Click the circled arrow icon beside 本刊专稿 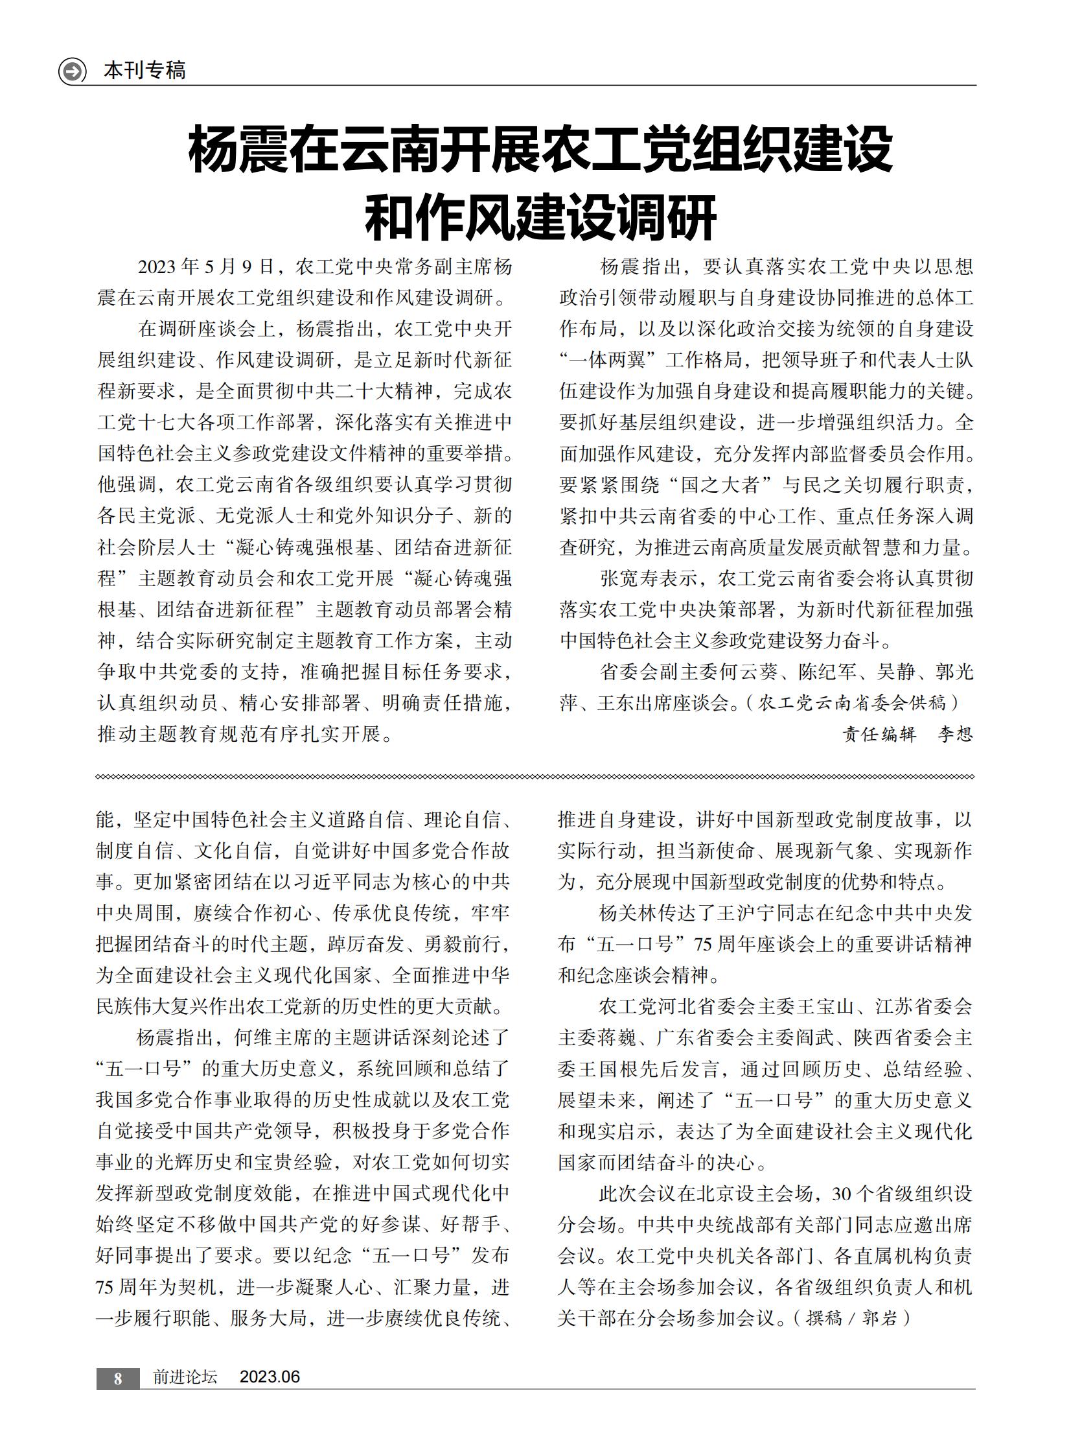[72, 71]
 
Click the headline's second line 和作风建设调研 [540, 217]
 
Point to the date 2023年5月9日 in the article [206, 266]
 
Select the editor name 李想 [955, 734]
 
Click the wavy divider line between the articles [535, 777]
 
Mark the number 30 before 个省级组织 [842, 1194]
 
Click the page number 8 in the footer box [118, 1378]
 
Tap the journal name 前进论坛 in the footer [185, 1377]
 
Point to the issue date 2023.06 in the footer [270, 1377]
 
